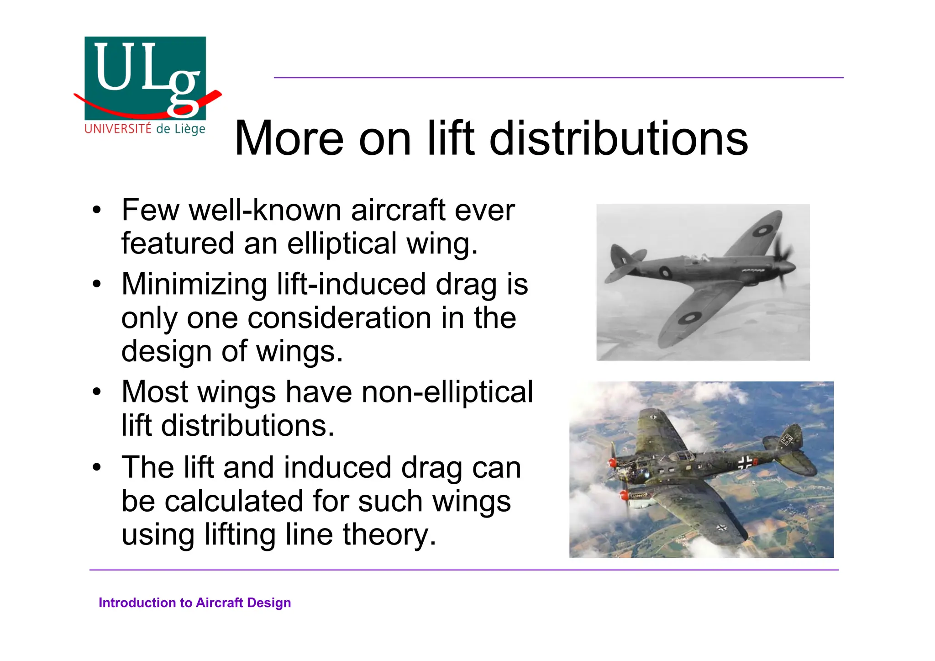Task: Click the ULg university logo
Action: pos(145,79)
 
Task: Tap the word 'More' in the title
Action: pos(289,138)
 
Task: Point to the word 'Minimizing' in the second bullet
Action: pos(194,284)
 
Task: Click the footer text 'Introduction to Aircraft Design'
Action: pos(194,603)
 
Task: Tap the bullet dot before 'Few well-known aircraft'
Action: pos(96,211)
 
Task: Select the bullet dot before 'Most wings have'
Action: pos(96,392)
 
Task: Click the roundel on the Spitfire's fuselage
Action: pos(665,273)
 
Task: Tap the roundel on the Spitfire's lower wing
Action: pos(689,317)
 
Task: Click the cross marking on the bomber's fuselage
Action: pos(745,462)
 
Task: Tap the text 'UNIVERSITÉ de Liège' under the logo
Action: pos(145,129)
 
